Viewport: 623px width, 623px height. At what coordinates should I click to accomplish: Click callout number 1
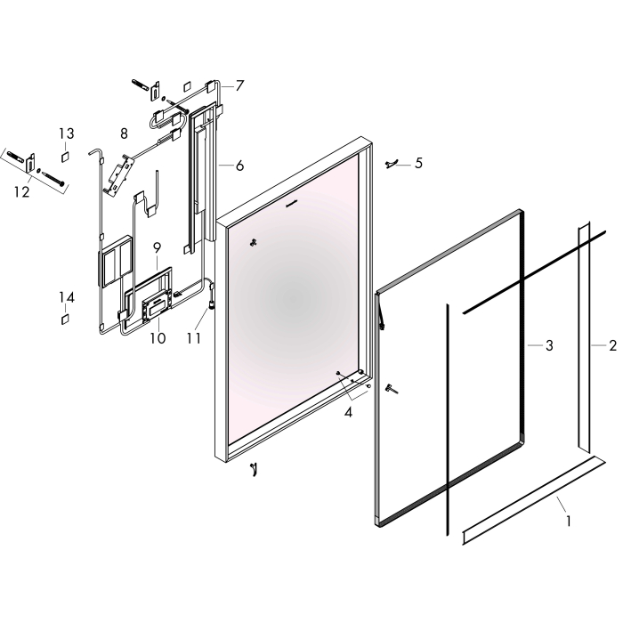tap(569, 521)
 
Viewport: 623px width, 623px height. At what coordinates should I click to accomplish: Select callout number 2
tap(612, 345)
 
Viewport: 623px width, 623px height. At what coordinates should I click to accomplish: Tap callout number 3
tap(549, 345)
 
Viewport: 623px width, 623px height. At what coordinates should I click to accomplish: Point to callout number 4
tap(348, 413)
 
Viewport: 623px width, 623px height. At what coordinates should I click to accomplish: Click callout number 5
tap(418, 163)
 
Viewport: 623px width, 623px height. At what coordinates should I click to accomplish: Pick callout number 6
tap(239, 166)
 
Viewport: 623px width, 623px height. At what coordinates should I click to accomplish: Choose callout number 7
tap(239, 85)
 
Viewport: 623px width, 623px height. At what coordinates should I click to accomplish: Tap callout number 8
tap(124, 133)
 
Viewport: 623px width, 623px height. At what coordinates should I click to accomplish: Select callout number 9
tap(157, 248)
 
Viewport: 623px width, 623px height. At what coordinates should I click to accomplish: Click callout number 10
tap(158, 338)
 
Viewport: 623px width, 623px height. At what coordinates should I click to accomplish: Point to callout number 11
tap(194, 338)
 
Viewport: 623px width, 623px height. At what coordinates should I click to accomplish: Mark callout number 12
tap(22, 192)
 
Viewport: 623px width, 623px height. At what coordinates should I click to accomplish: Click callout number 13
tap(67, 133)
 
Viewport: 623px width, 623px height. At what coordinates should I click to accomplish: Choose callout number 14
tap(67, 297)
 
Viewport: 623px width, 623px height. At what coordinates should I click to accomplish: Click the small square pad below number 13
tap(65, 157)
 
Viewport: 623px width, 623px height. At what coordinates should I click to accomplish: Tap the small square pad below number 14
tap(65, 319)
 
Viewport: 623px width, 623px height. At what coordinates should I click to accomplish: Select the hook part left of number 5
tap(391, 164)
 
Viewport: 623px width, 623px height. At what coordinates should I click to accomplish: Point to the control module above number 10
tap(154, 307)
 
